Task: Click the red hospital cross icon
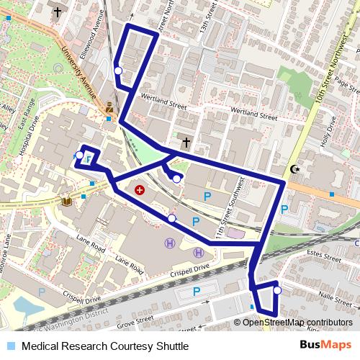tap(140, 190)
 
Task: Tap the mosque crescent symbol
tap(294, 169)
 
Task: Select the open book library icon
tap(67, 201)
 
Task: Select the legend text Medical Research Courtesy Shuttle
tap(105, 346)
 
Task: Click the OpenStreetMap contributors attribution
tap(297, 322)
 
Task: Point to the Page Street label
tap(346, 86)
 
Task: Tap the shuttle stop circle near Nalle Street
tap(276, 291)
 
